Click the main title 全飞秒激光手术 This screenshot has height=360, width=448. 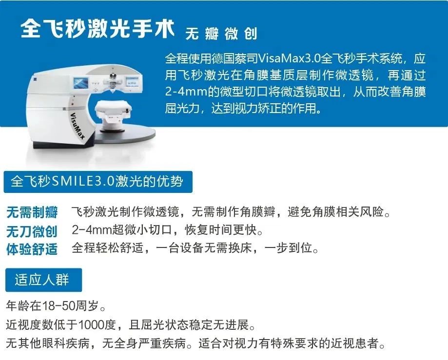[x=97, y=29]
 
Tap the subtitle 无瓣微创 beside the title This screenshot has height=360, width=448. [x=221, y=34]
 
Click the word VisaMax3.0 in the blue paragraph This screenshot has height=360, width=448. [x=289, y=58]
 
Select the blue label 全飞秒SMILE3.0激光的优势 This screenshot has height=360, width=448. [x=97, y=182]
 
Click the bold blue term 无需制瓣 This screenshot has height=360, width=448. [x=32, y=212]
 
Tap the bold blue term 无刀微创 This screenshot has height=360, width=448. [x=32, y=231]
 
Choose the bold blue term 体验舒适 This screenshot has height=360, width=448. [x=32, y=249]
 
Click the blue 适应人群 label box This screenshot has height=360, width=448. [x=43, y=280]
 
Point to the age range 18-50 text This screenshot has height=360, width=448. [x=58, y=306]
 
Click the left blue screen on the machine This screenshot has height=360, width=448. [x=81, y=83]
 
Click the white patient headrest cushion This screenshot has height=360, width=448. [x=114, y=110]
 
